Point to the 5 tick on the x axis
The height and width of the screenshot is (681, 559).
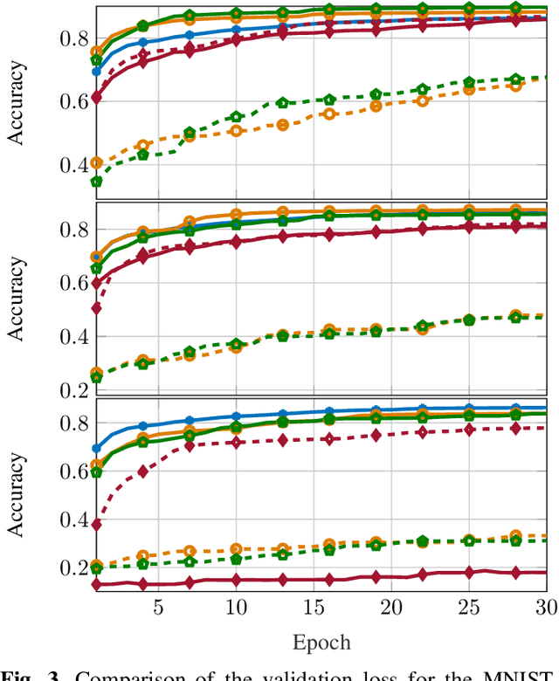coord(157,607)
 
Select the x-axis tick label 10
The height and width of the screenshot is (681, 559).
coord(235,607)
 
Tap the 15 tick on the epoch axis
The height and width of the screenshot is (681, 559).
coord(314,607)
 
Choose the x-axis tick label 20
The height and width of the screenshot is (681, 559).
coord(391,607)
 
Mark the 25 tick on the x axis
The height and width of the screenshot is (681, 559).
coord(469,607)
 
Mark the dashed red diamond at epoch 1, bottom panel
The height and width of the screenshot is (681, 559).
coord(97,525)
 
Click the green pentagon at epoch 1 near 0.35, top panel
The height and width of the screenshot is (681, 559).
coord(97,182)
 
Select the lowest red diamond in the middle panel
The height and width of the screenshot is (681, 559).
coord(97,308)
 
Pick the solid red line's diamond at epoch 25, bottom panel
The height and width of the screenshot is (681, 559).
coord(469,572)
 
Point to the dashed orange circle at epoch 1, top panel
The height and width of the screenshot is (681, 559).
coord(97,163)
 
